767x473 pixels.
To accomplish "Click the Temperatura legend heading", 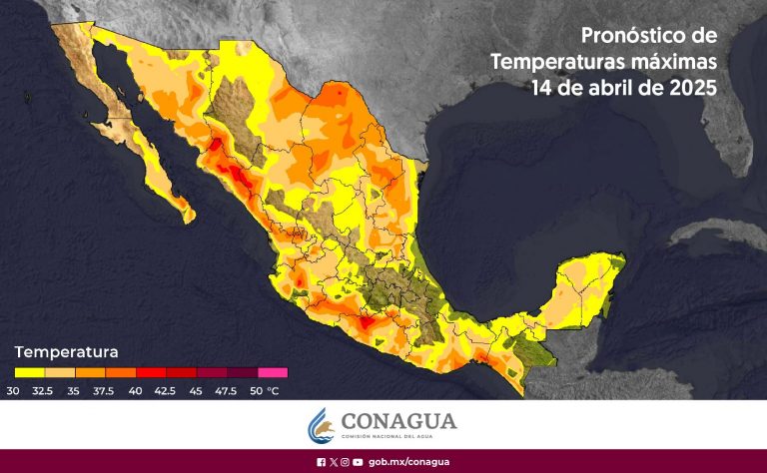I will click(66, 352).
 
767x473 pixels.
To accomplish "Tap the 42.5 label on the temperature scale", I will click(166, 390).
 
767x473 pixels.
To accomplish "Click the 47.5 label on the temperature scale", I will click(228, 390).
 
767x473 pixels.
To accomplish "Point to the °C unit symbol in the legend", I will click(274, 390).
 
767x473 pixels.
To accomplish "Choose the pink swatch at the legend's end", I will click(273, 372).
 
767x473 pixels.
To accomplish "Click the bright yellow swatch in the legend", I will click(30, 372).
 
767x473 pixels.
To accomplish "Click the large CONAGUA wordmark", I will click(398, 421).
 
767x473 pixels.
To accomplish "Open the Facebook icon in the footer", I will click(321, 462).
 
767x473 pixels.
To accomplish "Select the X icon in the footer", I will click(333, 462).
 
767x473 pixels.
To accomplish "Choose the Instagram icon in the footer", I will click(345, 462).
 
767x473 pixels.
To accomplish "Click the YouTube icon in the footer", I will click(358, 462).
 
